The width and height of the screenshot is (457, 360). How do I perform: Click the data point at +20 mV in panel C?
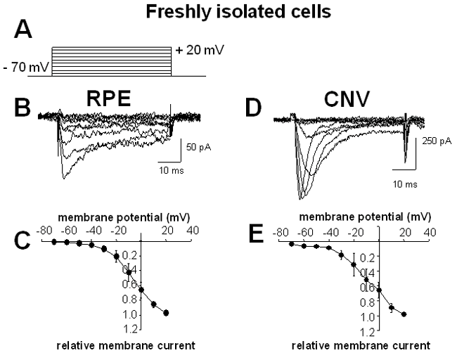[166, 312]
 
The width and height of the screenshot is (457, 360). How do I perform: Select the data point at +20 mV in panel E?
[404, 314]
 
